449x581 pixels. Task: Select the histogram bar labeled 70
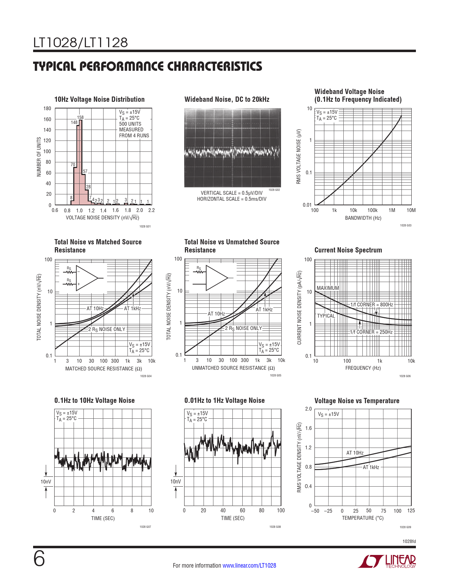coord(75,186)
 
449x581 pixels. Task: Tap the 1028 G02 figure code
coord(274,190)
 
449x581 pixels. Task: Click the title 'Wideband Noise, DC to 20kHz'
coord(227,99)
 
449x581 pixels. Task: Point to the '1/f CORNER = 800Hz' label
coord(372,305)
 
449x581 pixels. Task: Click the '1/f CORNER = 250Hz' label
coord(372,332)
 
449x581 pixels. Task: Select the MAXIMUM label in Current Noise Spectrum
coord(328,288)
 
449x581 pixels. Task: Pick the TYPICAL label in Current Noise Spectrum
coord(326,316)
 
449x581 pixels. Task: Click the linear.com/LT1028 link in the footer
coord(249,566)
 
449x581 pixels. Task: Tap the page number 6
coord(39,559)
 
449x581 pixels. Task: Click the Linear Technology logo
coord(387,562)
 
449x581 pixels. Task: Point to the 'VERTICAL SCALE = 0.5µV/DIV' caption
coord(232,193)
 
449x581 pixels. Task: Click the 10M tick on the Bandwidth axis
coord(411,210)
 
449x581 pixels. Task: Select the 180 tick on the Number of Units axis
coord(47,108)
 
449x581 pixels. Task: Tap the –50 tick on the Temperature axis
coord(315,511)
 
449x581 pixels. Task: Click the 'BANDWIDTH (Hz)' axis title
coord(363,218)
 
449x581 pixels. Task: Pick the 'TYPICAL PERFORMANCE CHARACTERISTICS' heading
coord(148,66)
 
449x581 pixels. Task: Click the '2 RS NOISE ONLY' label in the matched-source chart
coord(107,329)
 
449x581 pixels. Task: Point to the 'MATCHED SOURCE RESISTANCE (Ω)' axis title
coord(104,369)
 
